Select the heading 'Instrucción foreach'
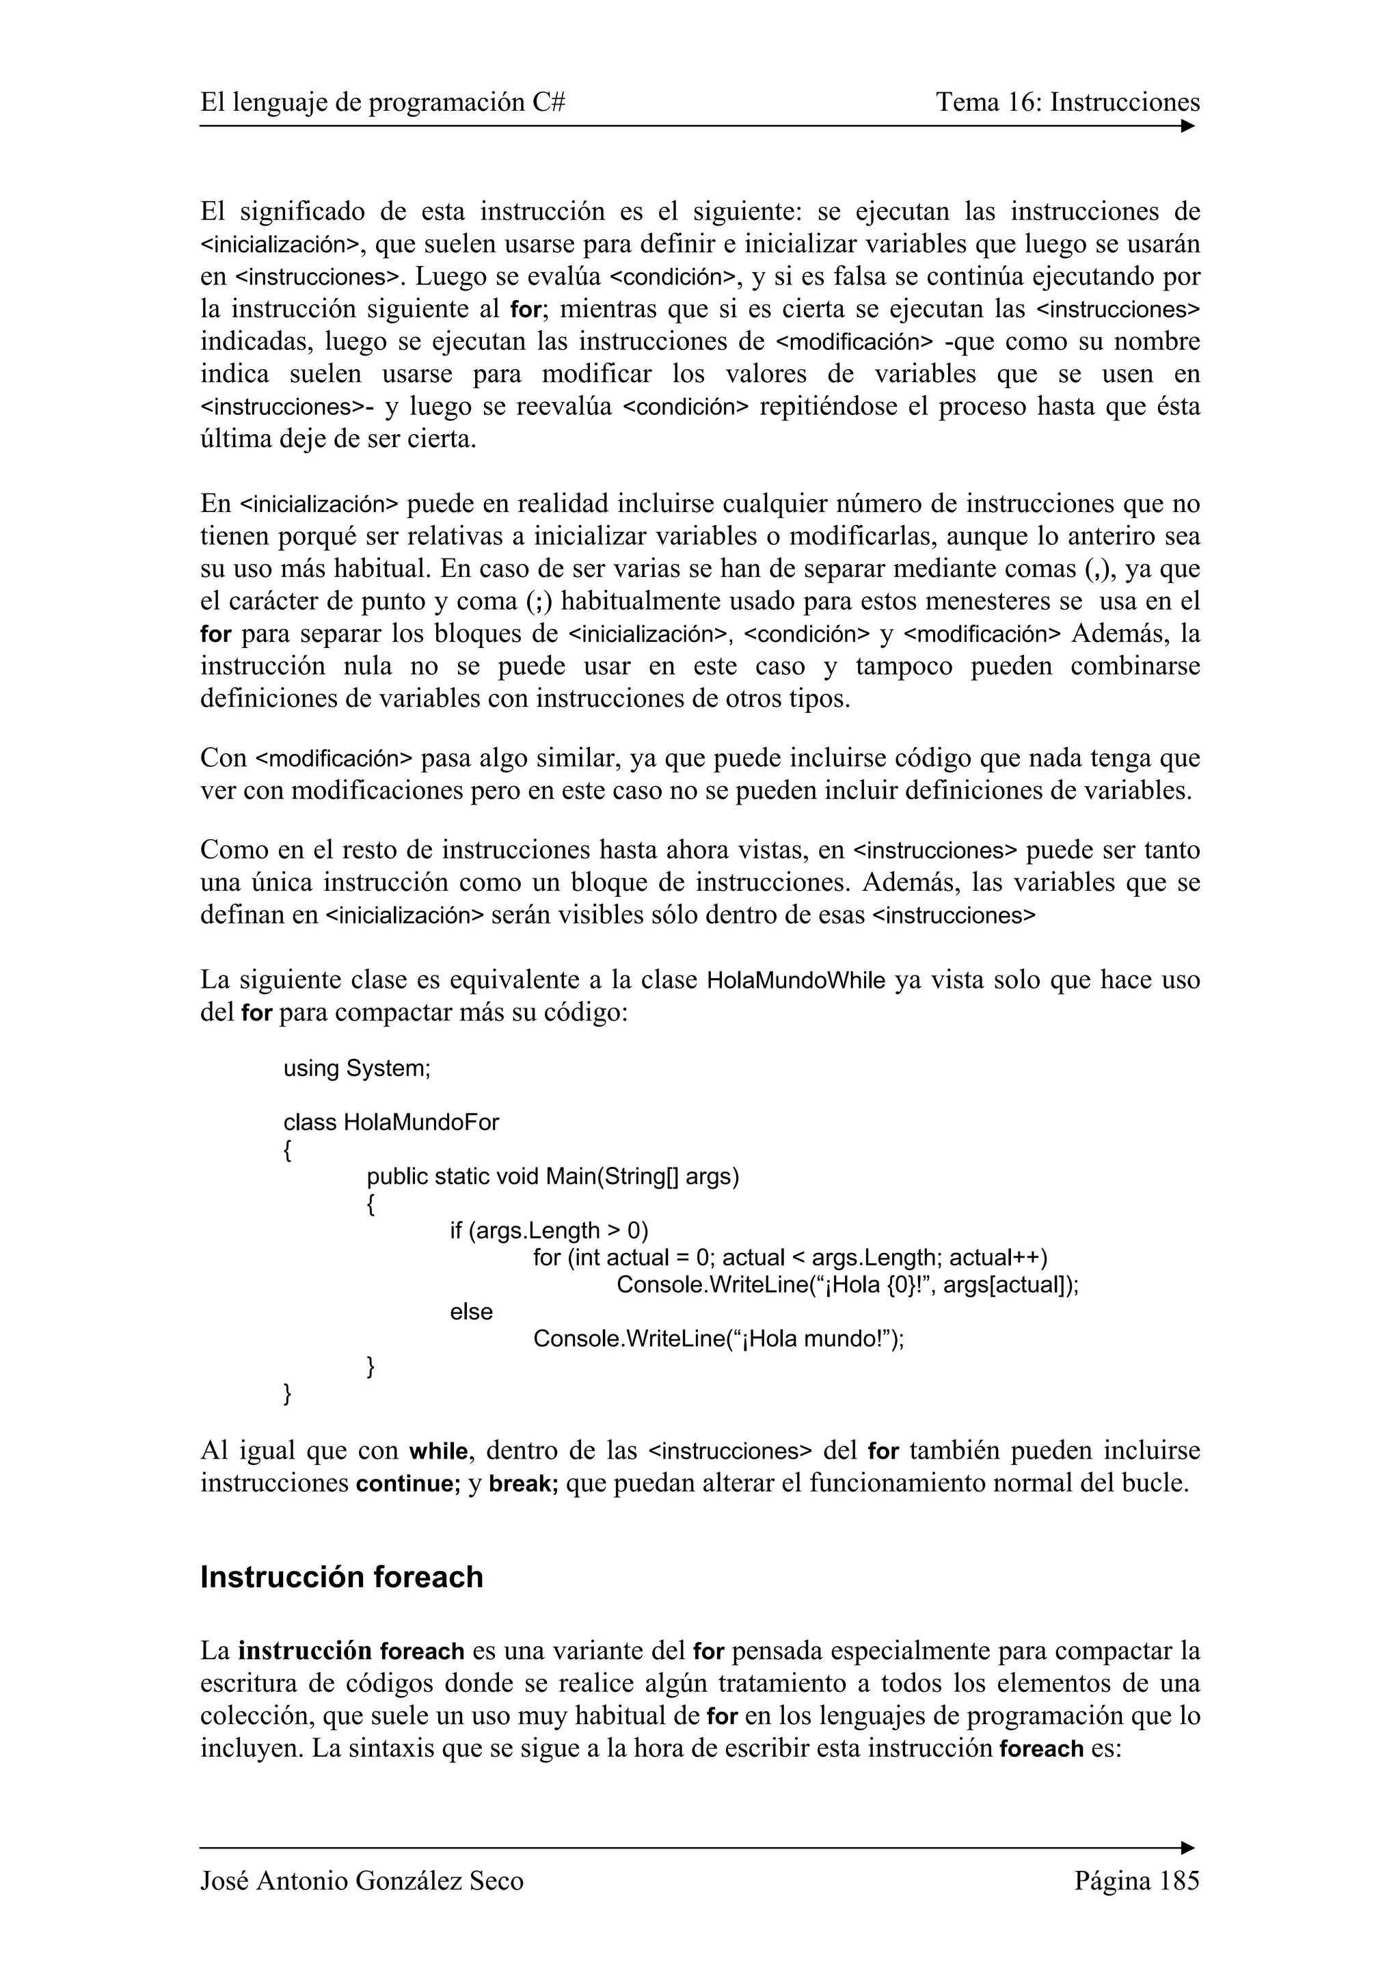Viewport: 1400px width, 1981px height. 342,1577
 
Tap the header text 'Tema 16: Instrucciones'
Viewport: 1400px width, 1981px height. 1068,103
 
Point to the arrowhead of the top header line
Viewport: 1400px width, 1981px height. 1188,126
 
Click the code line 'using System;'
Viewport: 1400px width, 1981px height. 356,1068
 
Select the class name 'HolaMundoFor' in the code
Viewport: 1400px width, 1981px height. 421,1122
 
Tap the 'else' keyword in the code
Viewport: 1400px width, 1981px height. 471,1312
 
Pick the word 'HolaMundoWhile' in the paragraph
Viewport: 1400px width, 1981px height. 795,981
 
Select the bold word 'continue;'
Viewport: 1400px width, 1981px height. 408,1484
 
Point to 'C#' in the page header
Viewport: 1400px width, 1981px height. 549,103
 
